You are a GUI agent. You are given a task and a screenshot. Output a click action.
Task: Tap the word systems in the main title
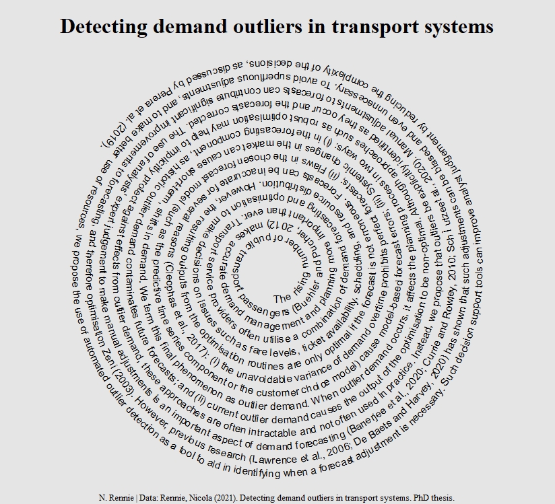point(455,27)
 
